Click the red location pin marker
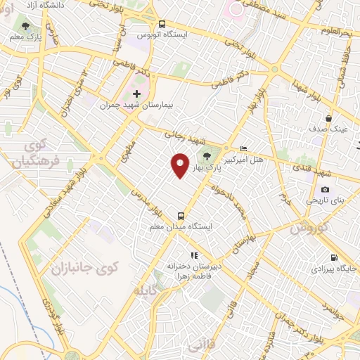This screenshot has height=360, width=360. [x=180, y=165]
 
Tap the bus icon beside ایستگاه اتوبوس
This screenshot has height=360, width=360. [x=161, y=23]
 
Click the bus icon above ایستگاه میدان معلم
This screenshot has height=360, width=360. [x=181, y=216]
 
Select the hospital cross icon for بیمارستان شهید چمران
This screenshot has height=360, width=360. [x=136, y=93]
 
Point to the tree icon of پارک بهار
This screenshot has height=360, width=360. [x=207, y=157]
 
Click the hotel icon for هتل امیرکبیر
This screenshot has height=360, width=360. [x=243, y=148]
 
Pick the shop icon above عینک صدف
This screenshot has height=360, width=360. [x=328, y=118]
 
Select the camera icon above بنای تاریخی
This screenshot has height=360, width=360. [x=325, y=189]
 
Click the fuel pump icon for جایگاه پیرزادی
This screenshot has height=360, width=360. [x=333, y=257]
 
